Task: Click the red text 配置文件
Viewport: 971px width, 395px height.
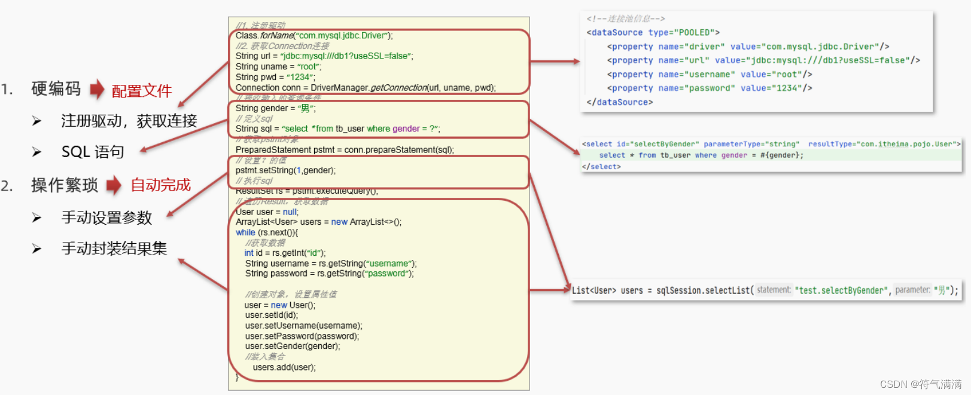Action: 142,91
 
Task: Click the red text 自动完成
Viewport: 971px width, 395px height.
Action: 160,185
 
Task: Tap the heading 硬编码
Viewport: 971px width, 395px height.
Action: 56,89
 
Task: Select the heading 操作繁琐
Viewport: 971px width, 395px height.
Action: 64,185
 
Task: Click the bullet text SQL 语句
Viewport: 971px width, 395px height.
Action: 93,152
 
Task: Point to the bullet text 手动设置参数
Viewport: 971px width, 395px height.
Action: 106,218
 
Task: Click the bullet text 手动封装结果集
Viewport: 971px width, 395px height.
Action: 114,248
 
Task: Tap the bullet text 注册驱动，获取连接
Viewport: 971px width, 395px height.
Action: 129,121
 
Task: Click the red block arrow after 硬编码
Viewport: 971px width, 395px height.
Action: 97,90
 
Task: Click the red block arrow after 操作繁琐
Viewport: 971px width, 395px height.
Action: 114,185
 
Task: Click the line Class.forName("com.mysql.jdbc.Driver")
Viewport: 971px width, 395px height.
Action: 314,36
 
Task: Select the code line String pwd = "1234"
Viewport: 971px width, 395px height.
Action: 275,77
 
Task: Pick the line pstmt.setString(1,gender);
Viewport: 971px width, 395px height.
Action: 285,170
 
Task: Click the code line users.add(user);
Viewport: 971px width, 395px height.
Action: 284,367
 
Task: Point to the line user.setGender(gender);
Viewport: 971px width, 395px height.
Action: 293,346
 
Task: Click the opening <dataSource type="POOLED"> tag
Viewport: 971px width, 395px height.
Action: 653,33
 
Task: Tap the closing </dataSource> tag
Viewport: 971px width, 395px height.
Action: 619,102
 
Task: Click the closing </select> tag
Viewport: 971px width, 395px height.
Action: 601,167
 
